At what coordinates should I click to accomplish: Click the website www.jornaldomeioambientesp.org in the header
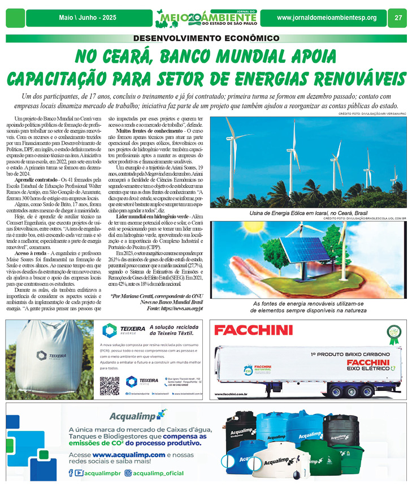click(x=327, y=18)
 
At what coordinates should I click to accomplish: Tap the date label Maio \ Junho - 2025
click(x=88, y=18)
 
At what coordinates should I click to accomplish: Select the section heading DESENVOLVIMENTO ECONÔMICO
click(x=206, y=38)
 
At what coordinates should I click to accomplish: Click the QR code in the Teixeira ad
click(x=109, y=385)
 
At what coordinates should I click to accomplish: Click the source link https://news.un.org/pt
click(x=182, y=308)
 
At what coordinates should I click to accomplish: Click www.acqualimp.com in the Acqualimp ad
click(x=129, y=455)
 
